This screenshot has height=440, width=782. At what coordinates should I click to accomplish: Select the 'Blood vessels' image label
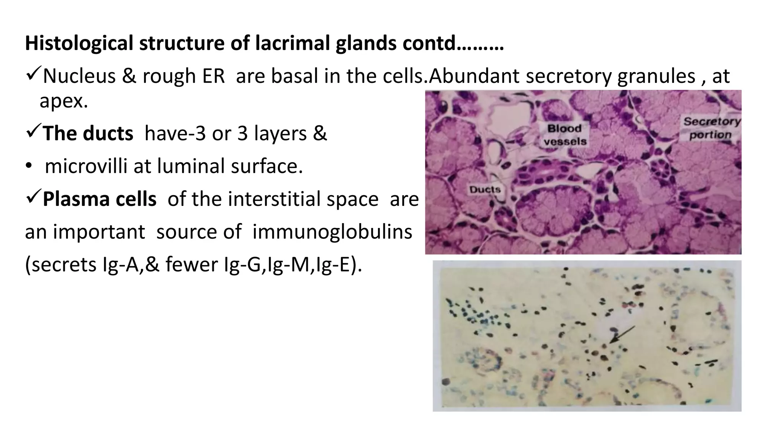tap(565, 135)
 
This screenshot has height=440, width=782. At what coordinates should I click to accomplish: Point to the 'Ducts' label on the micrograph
tap(485, 189)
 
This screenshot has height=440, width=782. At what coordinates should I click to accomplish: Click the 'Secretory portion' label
tap(711, 128)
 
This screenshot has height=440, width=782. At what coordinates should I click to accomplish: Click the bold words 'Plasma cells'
tap(99, 199)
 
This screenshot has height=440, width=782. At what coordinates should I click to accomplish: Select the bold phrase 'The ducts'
tap(88, 133)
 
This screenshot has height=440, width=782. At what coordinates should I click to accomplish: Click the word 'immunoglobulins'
tap(332, 232)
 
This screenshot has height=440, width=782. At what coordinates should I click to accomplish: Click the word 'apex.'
tap(64, 101)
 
